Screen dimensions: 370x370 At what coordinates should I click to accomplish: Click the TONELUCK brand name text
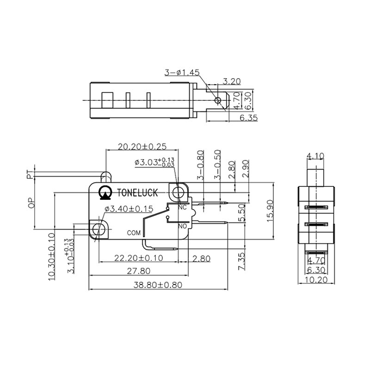pyautogui.click(x=137, y=192)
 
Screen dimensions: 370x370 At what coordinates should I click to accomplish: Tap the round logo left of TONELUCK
pyautogui.click(x=105, y=192)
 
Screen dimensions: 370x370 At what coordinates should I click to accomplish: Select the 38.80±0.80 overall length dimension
pyautogui.click(x=158, y=285)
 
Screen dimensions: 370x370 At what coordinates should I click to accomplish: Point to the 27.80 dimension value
pyautogui.click(x=139, y=271)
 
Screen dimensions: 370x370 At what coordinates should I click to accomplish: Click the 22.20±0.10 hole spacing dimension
pyautogui.click(x=139, y=258)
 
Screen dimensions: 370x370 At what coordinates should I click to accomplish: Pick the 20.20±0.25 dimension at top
pyautogui.click(x=142, y=147)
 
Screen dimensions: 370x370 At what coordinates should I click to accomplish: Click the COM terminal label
pyautogui.click(x=134, y=233)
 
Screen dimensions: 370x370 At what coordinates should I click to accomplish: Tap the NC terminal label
pyautogui.click(x=182, y=207)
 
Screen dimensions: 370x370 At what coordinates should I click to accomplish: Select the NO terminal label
pyautogui.click(x=182, y=226)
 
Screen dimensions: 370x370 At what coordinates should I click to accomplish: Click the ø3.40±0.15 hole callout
pyautogui.click(x=129, y=209)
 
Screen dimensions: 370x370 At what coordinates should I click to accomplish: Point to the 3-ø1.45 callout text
pyautogui.click(x=182, y=72)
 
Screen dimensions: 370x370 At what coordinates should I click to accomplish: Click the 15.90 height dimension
pyautogui.click(x=270, y=211)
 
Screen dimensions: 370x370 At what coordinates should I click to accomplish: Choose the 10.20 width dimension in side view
pyautogui.click(x=316, y=280)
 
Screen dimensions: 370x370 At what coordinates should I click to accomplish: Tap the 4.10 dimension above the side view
pyautogui.click(x=315, y=156)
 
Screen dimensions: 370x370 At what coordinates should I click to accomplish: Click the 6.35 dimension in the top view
pyautogui.click(x=248, y=117)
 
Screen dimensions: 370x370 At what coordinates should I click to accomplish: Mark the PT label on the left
pyautogui.click(x=30, y=175)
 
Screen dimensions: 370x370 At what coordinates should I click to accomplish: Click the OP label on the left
pyautogui.click(x=31, y=203)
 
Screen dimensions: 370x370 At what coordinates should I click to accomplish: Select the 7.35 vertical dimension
pyautogui.click(x=241, y=261)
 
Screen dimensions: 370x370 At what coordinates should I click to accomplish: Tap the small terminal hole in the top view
pyautogui.click(x=217, y=101)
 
